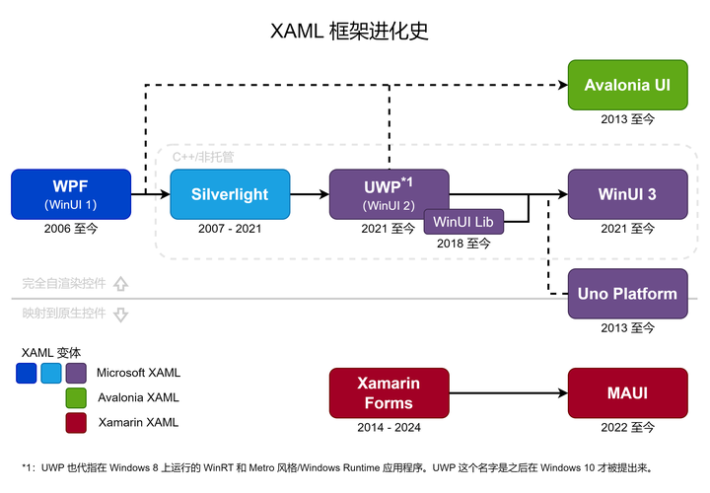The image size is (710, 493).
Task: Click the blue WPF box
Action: tap(71, 194)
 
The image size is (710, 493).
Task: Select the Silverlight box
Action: tap(230, 194)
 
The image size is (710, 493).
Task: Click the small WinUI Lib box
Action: tap(463, 222)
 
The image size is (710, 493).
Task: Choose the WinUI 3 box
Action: tap(627, 194)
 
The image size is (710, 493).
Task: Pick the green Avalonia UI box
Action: tap(627, 85)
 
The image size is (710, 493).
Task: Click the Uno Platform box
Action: tap(627, 293)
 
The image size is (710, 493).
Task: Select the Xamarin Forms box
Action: tap(389, 392)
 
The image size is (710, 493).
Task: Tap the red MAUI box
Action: tap(627, 392)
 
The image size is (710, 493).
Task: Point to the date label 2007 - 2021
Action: tap(230, 229)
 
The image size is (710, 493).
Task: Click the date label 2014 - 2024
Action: tap(389, 428)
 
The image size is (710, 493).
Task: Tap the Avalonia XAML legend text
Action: tap(138, 397)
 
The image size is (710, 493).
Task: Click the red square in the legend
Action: tap(76, 423)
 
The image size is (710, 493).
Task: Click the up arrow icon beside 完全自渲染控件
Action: tap(121, 284)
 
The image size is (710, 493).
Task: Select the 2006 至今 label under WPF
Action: tap(71, 229)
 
